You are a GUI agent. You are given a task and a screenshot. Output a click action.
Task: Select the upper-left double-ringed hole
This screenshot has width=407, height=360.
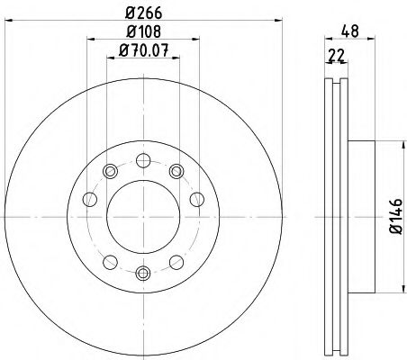pyautogui.click(x=110, y=170)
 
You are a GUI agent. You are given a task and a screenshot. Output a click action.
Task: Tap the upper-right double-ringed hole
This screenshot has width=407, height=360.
pyautogui.click(x=176, y=170)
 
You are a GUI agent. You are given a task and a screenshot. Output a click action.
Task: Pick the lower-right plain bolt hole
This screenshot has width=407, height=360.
pyautogui.click(x=175, y=262)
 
